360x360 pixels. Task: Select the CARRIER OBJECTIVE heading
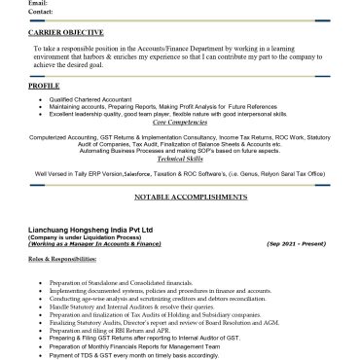click(x=66, y=33)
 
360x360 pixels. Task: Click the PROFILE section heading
click(x=44, y=86)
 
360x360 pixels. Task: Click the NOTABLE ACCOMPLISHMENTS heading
click(x=179, y=196)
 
